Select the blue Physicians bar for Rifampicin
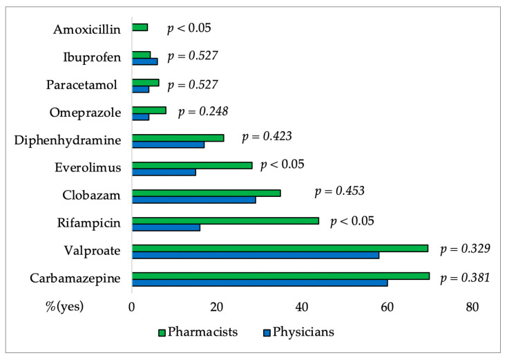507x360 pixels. pyautogui.click(x=166, y=227)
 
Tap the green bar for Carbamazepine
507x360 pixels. pyautogui.click(x=280, y=276)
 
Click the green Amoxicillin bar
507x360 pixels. pyautogui.click(x=140, y=28)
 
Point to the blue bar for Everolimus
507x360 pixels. pyautogui.click(x=164, y=172)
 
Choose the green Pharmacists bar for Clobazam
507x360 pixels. pyautogui.click(x=206, y=193)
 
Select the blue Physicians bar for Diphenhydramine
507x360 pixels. pyautogui.click(x=168, y=144)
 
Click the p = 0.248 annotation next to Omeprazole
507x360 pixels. pyautogui.click(x=203, y=111)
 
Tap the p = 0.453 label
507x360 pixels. pyautogui.click(x=339, y=191)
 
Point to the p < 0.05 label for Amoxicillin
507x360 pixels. pyautogui.click(x=189, y=28)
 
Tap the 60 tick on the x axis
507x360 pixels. pyautogui.click(x=387, y=306)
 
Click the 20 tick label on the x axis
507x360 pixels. pyautogui.click(x=217, y=306)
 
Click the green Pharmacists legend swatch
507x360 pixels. pyautogui.click(x=162, y=332)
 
